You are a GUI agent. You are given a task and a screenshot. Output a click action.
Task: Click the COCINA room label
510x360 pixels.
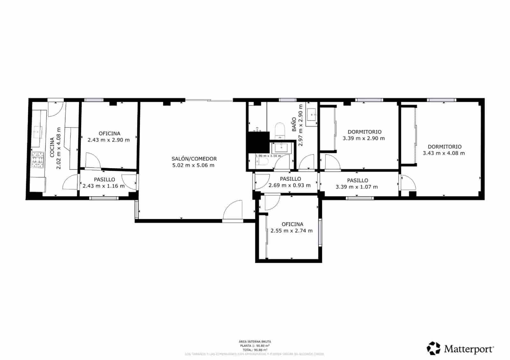click(52, 148)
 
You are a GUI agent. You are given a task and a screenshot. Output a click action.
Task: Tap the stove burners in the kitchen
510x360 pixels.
click(38, 160)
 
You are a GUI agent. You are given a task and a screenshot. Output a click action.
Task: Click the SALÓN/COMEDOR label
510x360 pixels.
click(194, 159)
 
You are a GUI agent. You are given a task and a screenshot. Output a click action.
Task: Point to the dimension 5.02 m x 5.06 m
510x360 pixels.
click(193, 165)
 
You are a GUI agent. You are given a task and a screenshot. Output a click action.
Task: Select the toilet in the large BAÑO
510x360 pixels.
click(280, 130)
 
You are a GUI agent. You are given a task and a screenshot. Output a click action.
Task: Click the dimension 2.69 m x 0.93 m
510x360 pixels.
click(289, 185)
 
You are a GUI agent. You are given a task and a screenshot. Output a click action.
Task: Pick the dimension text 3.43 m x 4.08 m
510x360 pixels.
click(444, 153)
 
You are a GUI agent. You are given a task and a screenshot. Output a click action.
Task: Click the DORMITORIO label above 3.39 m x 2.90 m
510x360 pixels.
click(364, 132)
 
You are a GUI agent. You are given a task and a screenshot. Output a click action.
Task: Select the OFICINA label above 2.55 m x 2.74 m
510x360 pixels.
click(292, 224)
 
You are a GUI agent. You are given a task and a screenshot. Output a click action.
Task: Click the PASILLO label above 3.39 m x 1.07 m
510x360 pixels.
click(357, 180)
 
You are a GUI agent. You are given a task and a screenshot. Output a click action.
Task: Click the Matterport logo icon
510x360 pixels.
click(433, 348)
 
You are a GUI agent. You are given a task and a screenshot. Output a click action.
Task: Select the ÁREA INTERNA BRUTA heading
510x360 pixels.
click(255, 342)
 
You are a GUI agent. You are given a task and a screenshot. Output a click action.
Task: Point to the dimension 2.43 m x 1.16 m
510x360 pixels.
click(104, 186)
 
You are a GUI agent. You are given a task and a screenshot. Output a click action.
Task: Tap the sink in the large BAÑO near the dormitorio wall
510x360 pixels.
click(311, 114)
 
